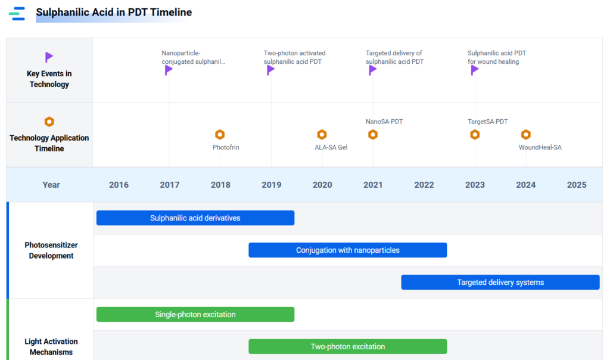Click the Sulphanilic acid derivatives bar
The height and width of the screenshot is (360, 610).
point(195,218)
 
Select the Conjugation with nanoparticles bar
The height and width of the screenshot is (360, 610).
point(348,250)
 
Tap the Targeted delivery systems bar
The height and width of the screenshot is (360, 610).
point(500,282)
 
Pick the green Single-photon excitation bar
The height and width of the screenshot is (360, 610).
point(195,315)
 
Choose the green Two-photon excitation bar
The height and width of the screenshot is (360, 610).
point(348,346)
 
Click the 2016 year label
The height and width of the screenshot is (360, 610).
point(119,185)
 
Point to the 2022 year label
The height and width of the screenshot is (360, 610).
point(424,185)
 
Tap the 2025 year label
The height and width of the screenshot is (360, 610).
point(577,185)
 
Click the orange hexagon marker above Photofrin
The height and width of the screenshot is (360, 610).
point(220,135)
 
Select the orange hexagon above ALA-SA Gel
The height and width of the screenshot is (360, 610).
point(322,135)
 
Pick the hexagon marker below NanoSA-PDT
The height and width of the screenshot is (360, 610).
point(373,135)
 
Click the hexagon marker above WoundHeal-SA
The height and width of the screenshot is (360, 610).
point(525,135)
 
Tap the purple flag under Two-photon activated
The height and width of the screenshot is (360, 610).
point(270,70)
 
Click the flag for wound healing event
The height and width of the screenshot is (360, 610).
point(474,70)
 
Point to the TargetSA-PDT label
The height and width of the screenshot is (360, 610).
point(487,122)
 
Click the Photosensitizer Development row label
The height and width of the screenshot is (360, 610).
point(51,250)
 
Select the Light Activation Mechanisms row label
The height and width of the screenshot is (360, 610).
point(51,347)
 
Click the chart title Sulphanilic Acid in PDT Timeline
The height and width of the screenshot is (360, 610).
point(114,13)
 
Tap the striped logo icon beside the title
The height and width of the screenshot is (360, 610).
point(17,14)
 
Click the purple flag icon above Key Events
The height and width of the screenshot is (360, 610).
point(49,57)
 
